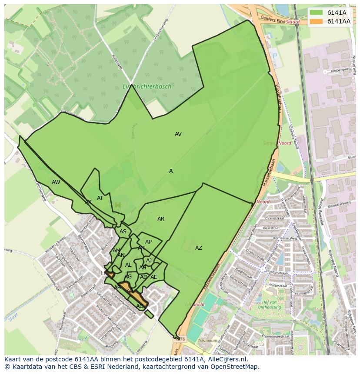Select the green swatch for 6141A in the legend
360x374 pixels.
click(316, 13)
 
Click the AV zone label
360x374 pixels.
click(178, 134)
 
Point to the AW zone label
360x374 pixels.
click(56, 182)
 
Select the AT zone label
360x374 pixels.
click(100, 198)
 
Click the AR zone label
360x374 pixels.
click(161, 219)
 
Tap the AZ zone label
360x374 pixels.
click(198, 248)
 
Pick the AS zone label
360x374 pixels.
click(123, 232)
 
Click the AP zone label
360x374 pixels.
click(148, 242)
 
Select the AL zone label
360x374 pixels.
click(128, 265)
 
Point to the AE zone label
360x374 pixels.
click(153, 277)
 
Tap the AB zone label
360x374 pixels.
click(117, 288)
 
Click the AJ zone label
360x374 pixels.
click(149, 261)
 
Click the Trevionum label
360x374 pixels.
click(207, 341)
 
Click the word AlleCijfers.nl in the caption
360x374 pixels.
click(227, 359)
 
